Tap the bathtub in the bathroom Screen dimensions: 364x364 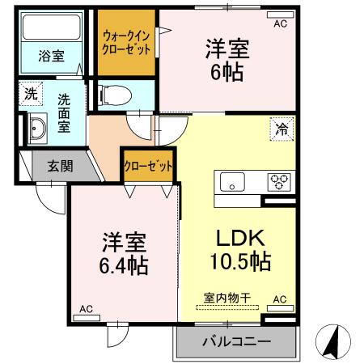(x=53, y=29)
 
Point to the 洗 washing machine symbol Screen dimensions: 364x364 (x=30, y=93)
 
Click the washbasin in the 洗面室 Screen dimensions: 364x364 (x=36, y=129)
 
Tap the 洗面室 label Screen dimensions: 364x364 (x=64, y=114)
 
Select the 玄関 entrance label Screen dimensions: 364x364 (x=59, y=167)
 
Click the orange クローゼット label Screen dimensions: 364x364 (x=147, y=166)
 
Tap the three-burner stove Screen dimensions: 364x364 (x=280, y=181)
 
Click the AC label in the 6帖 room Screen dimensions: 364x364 (x=279, y=24)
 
